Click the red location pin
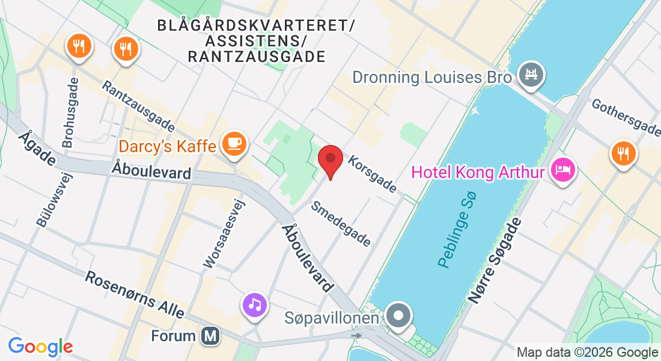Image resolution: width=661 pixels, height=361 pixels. [330, 159]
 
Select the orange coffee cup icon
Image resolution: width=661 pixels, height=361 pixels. [233, 144]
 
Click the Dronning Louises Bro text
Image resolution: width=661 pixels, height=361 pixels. [432, 77]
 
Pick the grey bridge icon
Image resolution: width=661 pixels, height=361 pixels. [532, 75]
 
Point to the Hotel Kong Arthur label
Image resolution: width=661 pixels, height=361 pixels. [478, 173]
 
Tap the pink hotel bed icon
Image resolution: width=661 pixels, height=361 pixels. [563, 169]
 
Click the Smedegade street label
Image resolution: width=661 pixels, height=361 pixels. [341, 223]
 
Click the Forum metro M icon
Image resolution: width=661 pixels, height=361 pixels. [210, 336]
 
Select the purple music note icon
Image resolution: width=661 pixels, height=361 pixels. [254, 304]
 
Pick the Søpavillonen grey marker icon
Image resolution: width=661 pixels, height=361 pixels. [398, 315]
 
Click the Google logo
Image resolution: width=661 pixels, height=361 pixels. [40, 347]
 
